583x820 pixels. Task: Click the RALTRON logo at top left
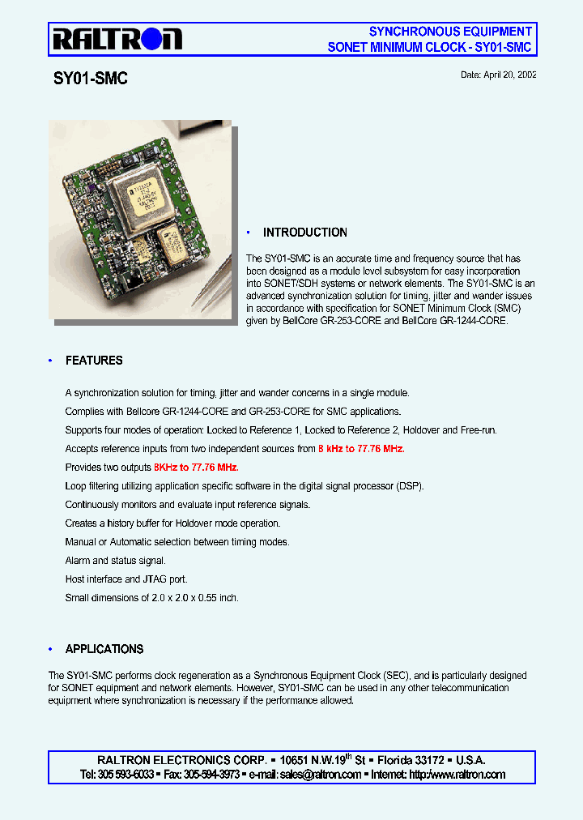pyautogui.click(x=117, y=38)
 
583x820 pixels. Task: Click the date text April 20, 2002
pyautogui.click(x=498, y=75)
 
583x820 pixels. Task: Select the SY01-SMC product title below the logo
pyautogui.click(x=91, y=79)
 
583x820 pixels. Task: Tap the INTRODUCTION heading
pyautogui.click(x=304, y=233)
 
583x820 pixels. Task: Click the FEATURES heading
pyautogui.click(x=94, y=361)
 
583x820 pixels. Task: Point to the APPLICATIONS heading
pyautogui.click(x=104, y=649)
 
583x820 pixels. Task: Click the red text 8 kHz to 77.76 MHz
pyautogui.click(x=361, y=449)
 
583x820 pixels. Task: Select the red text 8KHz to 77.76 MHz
pyautogui.click(x=196, y=468)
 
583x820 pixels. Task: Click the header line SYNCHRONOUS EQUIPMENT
pyautogui.click(x=450, y=32)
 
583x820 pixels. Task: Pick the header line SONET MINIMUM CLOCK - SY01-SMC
pyautogui.click(x=429, y=47)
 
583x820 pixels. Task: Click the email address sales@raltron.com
pyautogui.click(x=321, y=775)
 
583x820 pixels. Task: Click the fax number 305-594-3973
pyautogui.click(x=212, y=775)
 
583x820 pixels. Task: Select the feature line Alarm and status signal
pyautogui.click(x=115, y=561)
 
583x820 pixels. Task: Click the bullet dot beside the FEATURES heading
pyautogui.click(x=50, y=361)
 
